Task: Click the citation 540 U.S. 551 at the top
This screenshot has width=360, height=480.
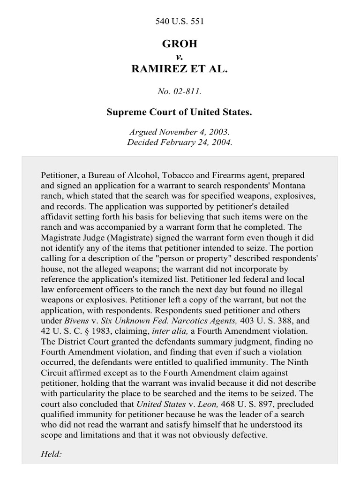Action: (x=180, y=21)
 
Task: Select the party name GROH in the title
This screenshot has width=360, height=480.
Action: (x=180, y=44)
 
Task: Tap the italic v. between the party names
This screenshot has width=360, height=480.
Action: (x=180, y=56)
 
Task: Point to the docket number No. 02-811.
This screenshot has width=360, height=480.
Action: (x=180, y=91)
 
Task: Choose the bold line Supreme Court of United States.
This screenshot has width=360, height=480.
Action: (x=180, y=112)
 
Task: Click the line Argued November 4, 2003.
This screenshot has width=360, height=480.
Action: (x=180, y=133)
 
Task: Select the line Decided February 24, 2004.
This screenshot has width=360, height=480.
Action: (x=180, y=142)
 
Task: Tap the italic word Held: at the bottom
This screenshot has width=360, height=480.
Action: (x=52, y=455)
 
